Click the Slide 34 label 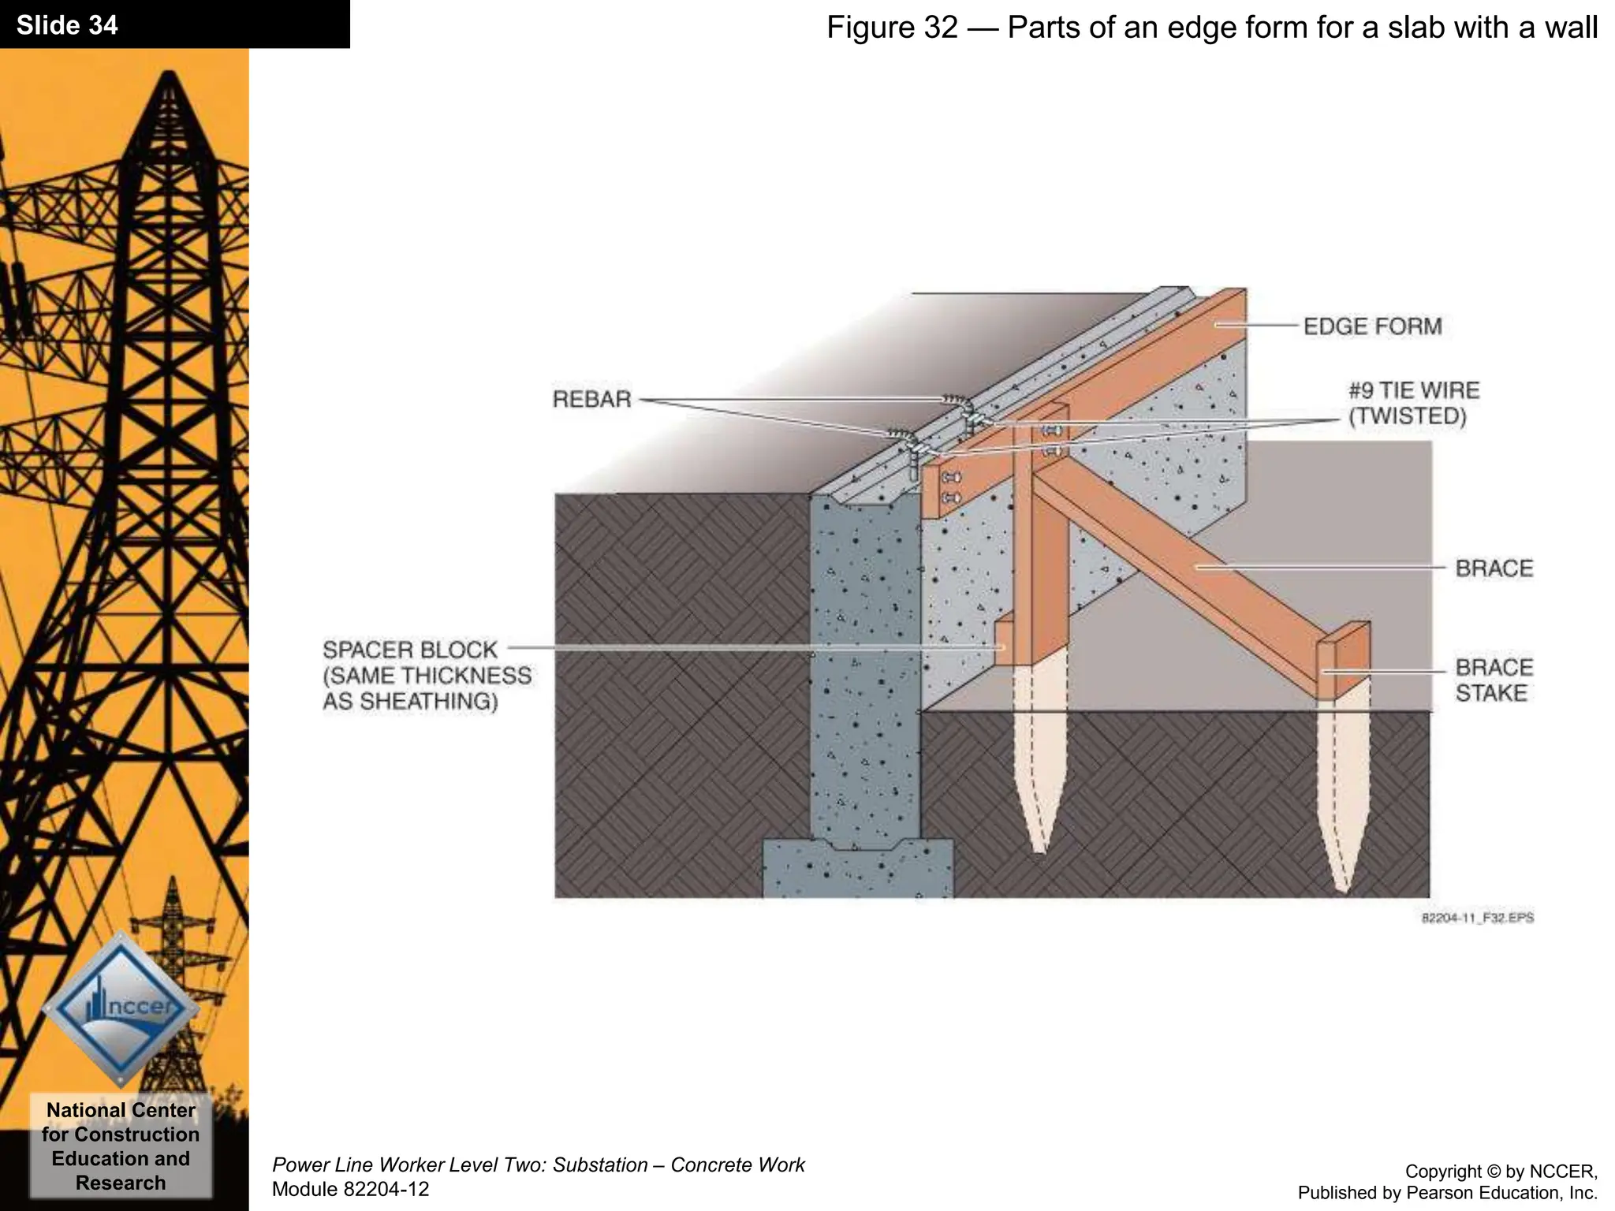[x=67, y=25]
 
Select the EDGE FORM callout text [x=1372, y=326]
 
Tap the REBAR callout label [x=591, y=400]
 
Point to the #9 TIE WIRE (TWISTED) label [x=1412, y=403]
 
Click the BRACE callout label [x=1494, y=568]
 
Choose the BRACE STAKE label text [x=1494, y=680]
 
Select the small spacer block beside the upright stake [x=1001, y=643]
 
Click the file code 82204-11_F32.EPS [x=1477, y=918]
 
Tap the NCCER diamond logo [x=121, y=1008]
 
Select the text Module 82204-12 [x=350, y=1189]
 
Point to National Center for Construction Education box [x=121, y=1146]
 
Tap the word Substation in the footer [x=599, y=1164]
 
